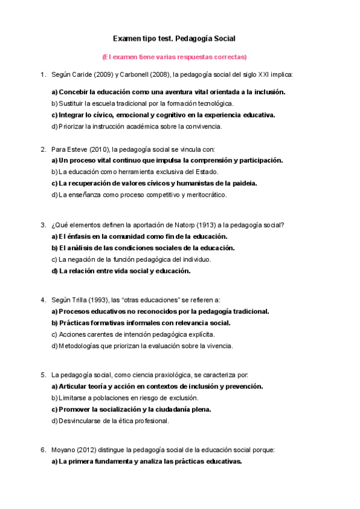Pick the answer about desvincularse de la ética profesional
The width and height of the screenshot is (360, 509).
(x=110, y=421)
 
